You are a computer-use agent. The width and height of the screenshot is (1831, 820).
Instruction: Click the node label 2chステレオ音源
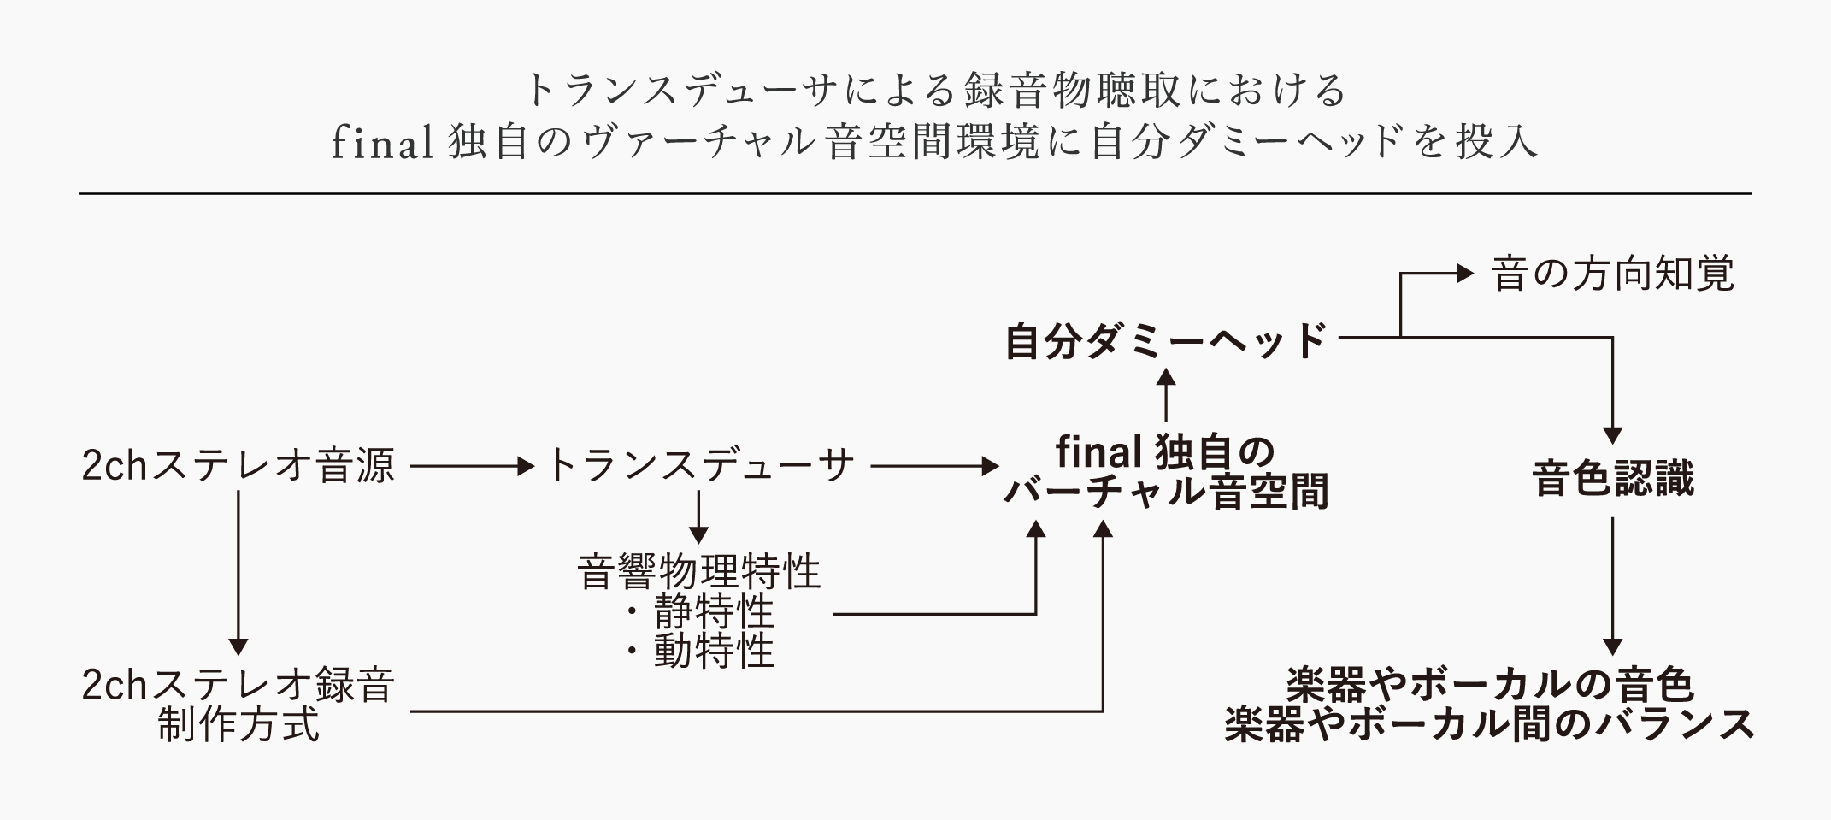pos(238,467)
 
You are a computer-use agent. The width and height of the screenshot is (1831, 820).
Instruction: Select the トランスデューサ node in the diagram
pos(699,467)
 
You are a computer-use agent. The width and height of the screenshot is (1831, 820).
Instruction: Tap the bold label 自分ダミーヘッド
pos(1165,341)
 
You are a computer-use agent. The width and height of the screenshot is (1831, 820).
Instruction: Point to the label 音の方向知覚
pos(1612,274)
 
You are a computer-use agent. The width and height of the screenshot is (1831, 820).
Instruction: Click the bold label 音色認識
pos(1612,480)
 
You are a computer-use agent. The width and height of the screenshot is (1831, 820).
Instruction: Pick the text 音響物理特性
pos(699,572)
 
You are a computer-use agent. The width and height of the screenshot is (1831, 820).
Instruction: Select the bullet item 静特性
pos(714,612)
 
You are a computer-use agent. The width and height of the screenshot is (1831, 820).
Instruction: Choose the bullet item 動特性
pos(714,652)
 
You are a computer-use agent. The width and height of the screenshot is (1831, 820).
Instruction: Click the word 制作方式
pos(238,726)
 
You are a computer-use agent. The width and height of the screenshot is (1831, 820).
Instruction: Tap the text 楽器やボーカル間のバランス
pos(1489,725)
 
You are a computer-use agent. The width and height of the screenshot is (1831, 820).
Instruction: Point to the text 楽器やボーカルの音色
pos(1489,685)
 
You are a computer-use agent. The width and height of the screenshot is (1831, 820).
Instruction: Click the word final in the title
pos(382,144)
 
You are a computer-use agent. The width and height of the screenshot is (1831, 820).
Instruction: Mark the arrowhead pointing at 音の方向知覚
pos(1465,274)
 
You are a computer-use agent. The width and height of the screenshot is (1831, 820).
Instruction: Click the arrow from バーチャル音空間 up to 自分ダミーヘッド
pos(1165,395)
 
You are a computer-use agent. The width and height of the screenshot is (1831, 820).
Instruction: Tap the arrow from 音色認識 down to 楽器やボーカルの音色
pos(1612,587)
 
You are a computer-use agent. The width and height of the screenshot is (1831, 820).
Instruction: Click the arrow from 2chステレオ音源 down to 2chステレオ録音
pos(238,573)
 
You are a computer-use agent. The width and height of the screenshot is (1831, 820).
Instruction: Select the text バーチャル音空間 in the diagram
pos(1165,493)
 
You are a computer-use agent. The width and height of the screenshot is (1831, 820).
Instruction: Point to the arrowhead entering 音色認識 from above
pos(1612,435)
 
